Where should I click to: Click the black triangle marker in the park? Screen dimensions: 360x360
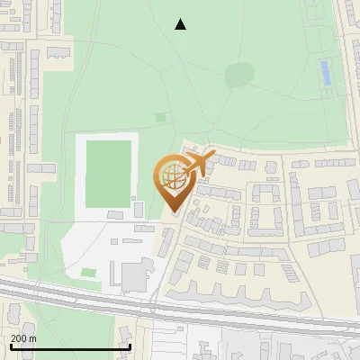coord(181,24)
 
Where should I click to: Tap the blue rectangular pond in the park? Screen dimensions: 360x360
coord(325,74)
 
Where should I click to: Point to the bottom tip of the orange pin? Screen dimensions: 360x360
coord(174,212)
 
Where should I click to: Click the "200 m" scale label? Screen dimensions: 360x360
coord(24,338)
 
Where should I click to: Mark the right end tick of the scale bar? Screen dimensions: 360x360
coord(130,346)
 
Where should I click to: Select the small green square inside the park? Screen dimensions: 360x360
coord(160,116)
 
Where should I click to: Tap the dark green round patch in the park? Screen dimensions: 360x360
coord(239,75)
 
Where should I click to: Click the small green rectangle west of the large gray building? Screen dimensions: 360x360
coord(88,272)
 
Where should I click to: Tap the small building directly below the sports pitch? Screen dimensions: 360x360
coord(115,214)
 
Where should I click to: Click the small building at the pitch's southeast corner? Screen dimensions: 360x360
coord(138,209)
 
